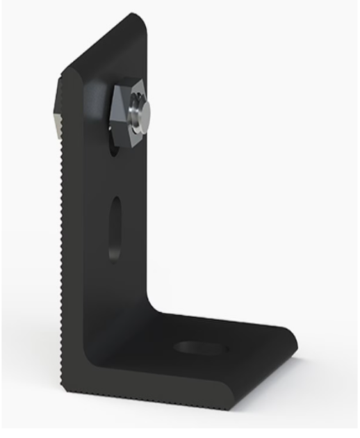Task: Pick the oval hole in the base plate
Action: (x=200, y=346)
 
